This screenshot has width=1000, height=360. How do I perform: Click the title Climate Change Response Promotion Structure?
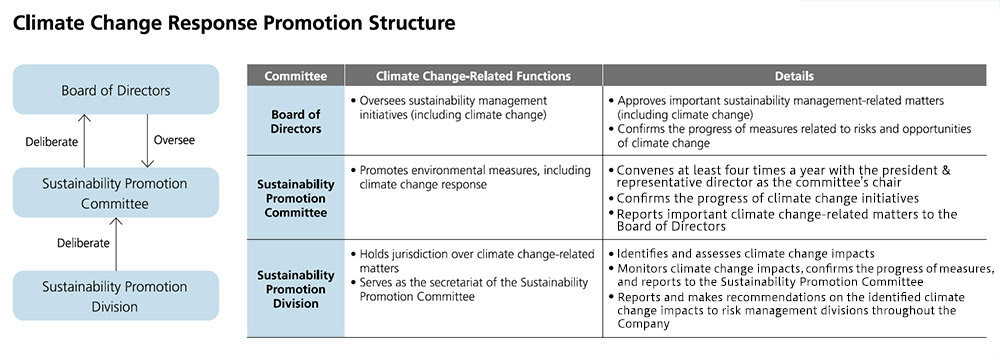click(233, 24)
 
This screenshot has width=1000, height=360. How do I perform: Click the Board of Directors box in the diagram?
click(116, 90)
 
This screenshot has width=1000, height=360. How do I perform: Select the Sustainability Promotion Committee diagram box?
click(116, 193)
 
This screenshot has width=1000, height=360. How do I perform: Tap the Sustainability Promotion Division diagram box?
click(116, 296)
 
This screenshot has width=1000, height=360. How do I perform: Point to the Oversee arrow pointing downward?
click(147, 141)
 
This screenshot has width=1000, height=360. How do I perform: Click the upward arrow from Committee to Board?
click(85, 141)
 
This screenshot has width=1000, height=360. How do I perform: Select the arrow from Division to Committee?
click(116, 244)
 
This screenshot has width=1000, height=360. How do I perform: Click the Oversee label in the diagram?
click(174, 139)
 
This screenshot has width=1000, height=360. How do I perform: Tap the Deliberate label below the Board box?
click(52, 142)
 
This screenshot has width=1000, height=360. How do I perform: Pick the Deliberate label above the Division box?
click(84, 243)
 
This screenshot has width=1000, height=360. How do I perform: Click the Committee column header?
click(295, 76)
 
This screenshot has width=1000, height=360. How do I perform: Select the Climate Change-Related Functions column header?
click(473, 76)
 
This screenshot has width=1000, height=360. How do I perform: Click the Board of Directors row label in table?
click(295, 121)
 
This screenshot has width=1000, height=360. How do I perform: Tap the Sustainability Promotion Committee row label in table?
click(295, 199)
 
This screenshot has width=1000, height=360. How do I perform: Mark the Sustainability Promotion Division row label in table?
click(295, 289)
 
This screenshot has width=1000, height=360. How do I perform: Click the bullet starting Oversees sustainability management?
click(450, 107)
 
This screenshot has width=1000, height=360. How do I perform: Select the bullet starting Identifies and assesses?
click(742, 253)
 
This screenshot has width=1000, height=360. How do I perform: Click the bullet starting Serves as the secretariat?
click(470, 290)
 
